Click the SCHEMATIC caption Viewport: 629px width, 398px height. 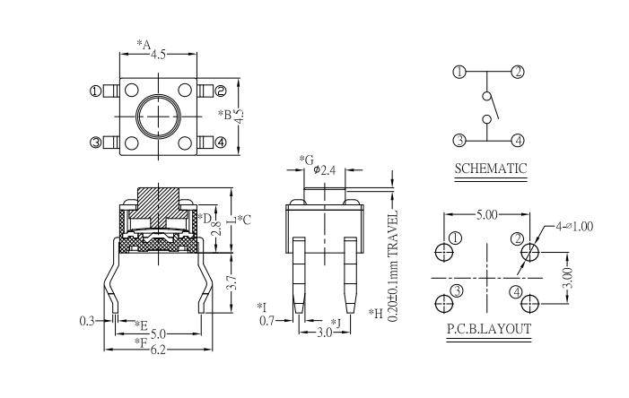tap(490, 169)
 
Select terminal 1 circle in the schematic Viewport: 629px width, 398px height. tap(459, 72)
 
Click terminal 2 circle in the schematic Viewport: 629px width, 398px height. tap(518, 72)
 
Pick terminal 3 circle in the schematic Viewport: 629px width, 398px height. tap(459, 140)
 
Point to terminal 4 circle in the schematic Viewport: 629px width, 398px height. tap(518, 140)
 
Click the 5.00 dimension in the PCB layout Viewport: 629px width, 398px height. tap(488, 216)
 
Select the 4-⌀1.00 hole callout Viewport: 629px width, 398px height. tap(573, 226)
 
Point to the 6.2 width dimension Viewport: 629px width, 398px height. tap(157, 350)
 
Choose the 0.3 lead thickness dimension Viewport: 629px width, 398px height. tap(87, 320)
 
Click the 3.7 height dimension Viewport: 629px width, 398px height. tap(232, 285)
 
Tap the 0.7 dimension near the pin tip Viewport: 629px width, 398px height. tap(266, 320)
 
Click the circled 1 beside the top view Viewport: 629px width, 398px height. tap(95, 91)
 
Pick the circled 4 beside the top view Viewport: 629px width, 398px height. tap(221, 142)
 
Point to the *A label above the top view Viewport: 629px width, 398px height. tap(143, 43)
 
